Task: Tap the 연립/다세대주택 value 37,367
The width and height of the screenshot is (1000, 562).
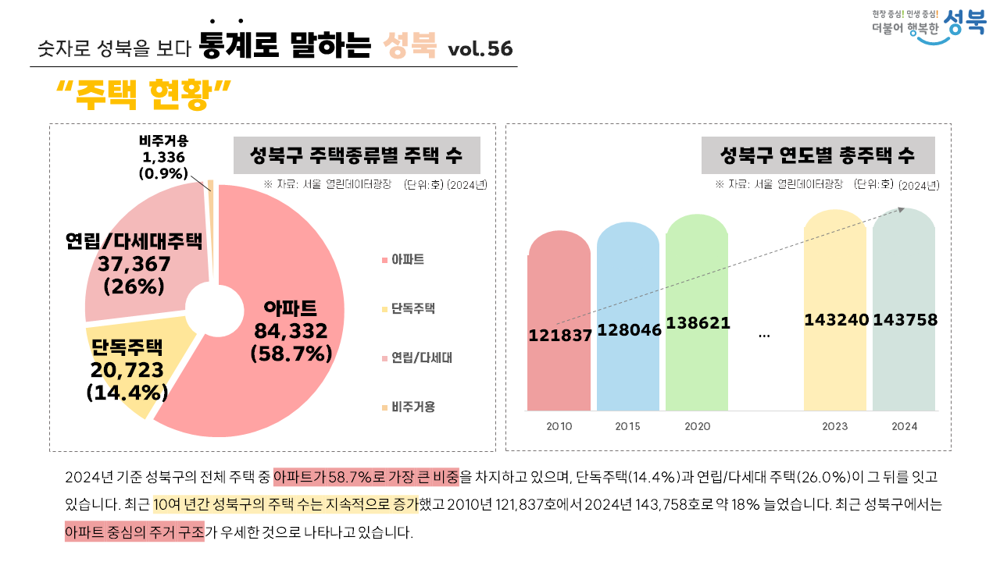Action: (x=134, y=264)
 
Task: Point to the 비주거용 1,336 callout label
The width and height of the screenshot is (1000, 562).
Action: (x=164, y=158)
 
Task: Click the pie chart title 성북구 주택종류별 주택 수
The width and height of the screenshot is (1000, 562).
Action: (x=356, y=155)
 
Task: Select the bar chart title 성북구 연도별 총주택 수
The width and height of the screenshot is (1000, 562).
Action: (x=817, y=155)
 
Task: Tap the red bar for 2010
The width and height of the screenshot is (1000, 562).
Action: (x=559, y=375)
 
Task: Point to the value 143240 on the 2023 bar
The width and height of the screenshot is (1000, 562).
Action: (x=836, y=320)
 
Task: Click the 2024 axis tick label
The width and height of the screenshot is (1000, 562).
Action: (x=905, y=427)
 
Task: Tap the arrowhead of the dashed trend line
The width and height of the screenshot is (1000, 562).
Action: (x=902, y=208)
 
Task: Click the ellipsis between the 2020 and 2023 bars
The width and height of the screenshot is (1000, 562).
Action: (x=764, y=335)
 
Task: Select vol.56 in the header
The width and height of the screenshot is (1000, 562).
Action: (x=480, y=49)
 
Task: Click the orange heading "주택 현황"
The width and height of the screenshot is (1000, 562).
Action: (x=145, y=95)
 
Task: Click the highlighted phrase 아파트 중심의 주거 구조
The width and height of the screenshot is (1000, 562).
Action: (x=134, y=533)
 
